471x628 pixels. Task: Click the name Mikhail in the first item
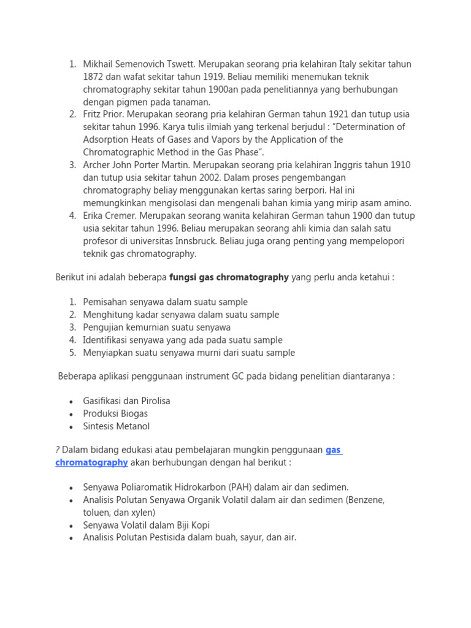(x=99, y=64)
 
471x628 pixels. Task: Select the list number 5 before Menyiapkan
(x=72, y=353)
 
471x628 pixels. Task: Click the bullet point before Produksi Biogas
(x=72, y=414)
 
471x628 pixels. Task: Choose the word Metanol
(x=133, y=426)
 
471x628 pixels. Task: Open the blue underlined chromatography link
(x=91, y=463)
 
